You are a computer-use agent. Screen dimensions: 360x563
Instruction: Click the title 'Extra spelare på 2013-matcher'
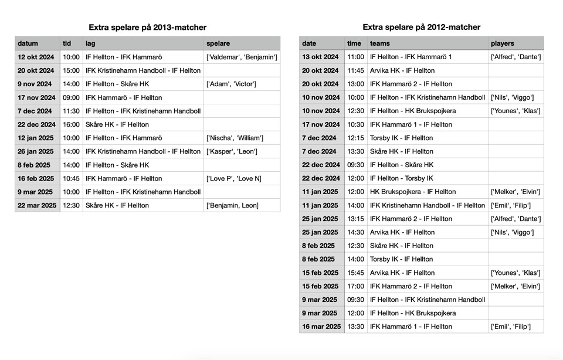tap(147, 27)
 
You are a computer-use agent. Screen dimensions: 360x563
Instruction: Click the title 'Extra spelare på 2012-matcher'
tap(421, 27)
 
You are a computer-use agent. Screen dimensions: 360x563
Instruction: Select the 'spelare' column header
tap(218, 43)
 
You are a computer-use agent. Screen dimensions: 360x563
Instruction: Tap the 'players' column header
tap(503, 43)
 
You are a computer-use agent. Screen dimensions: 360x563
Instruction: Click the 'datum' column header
tap(28, 43)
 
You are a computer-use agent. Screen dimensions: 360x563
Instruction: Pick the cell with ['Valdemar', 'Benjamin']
tap(242, 57)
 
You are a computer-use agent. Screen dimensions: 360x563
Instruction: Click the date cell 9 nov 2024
tap(35, 84)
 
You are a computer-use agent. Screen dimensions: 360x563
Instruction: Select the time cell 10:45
tap(71, 178)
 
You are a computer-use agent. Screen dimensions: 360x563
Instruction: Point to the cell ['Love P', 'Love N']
tap(233, 178)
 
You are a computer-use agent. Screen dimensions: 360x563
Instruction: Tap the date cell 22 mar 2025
tap(37, 205)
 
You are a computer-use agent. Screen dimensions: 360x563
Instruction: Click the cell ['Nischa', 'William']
tap(235, 138)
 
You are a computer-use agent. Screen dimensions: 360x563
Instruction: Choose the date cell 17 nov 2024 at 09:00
tap(37, 97)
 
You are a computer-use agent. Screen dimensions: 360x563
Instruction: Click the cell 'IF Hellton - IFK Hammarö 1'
tap(411, 57)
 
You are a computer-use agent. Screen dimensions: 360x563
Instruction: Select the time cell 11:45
tap(355, 70)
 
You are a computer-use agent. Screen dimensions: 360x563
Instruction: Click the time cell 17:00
tap(355, 286)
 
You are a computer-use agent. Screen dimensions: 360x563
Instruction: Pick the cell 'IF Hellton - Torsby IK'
tap(401, 178)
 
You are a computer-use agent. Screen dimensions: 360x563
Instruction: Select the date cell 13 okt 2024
tap(320, 57)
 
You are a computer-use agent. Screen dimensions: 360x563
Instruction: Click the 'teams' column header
tap(379, 43)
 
